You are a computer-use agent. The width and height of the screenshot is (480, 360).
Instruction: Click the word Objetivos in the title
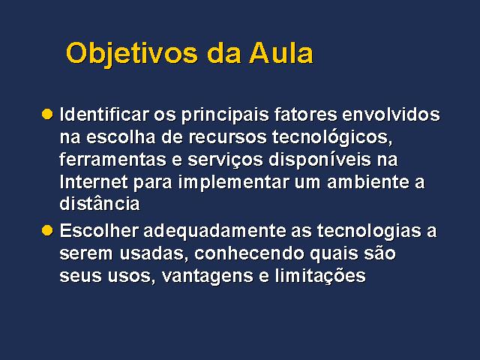tap(132, 54)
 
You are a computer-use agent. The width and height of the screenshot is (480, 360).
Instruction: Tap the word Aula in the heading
tap(281, 53)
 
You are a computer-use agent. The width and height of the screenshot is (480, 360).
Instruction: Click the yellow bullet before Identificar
tap(47, 114)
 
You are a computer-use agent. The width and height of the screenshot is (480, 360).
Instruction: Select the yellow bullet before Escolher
tap(47, 230)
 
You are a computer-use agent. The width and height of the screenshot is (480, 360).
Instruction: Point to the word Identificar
tap(104, 114)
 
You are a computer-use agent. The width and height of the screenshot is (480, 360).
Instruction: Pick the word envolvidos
tap(391, 114)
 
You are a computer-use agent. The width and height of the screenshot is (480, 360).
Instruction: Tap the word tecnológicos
tap(332, 137)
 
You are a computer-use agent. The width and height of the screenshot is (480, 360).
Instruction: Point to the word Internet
tap(94, 182)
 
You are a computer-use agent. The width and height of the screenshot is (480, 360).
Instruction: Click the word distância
tap(100, 203)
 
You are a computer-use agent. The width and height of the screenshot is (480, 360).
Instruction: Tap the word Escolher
tap(99, 230)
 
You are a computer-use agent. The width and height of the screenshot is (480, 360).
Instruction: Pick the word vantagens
tap(207, 277)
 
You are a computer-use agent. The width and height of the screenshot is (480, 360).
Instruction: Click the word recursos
tap(227, 137)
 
